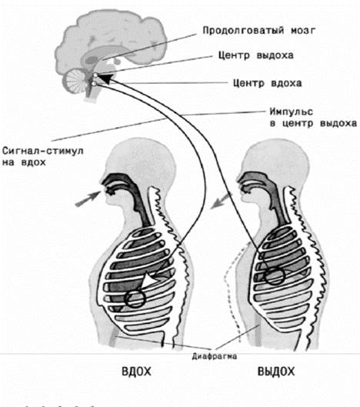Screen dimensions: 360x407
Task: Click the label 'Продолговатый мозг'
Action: (x=258, y=31)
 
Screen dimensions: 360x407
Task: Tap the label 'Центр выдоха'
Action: (x=256, y=55)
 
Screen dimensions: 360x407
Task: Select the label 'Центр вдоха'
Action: (x=268, y=83)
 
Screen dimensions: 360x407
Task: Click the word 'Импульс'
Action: (x=292, y=112)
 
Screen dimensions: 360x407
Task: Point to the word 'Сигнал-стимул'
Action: (x=43, y=151)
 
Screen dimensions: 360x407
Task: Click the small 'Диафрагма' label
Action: (x=215, y=356)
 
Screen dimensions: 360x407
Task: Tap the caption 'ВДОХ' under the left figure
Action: (x=136, y=372)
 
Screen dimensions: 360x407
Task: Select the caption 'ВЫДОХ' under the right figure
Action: (x=276, y=372)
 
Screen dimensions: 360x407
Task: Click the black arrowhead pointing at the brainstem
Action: (x=106, y=78)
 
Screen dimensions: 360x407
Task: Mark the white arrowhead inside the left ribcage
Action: (x=149, y=280)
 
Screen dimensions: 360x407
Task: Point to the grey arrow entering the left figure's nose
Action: (x=88, y=198)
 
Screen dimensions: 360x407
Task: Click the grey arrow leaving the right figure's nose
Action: (x=221, y=200)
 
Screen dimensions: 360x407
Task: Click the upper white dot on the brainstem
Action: (x=95, y=75)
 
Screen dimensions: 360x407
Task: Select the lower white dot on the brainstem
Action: (x=94, y=84)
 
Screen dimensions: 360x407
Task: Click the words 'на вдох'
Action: (x=24, y=162)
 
